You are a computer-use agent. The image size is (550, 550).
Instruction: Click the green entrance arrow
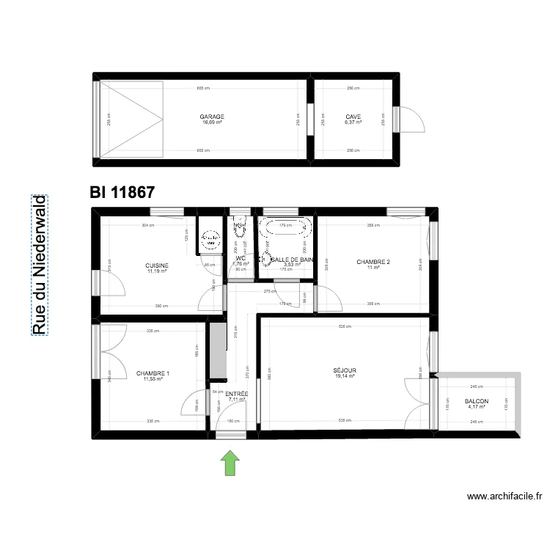point(230,463)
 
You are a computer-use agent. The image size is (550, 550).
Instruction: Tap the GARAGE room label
point(212,117)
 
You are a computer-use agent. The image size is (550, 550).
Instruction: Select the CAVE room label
point(353,117)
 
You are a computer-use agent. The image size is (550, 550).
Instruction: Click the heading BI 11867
point(122,193)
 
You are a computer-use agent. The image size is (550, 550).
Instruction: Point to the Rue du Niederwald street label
point(38,265)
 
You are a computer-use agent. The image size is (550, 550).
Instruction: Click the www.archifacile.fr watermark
point(505,496)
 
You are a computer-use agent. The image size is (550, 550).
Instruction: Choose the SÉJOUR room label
point(345,371)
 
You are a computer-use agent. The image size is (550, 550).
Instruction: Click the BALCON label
point(477,402)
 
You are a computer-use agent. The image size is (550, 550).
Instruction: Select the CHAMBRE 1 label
point(153,373)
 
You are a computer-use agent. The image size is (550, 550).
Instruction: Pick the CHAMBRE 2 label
point(373,262)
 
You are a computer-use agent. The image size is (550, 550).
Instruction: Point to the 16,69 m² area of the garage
point(212,122)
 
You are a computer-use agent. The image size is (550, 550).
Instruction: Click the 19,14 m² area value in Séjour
point(345,377)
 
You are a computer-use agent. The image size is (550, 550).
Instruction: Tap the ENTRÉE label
point(237,394)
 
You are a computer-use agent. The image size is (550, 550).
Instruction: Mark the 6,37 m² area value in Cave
point(353,122)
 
